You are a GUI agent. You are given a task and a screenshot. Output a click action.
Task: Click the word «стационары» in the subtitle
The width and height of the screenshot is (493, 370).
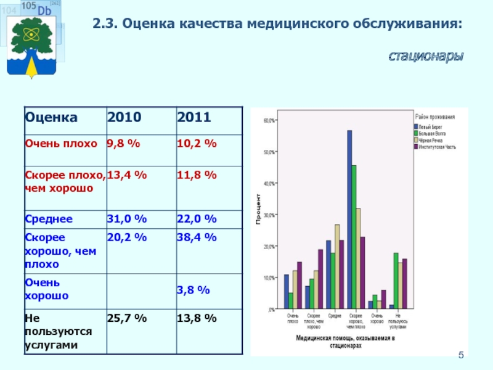click(x=426, y=57)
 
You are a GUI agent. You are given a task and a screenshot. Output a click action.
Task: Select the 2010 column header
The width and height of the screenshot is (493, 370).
click(x=124, y=117)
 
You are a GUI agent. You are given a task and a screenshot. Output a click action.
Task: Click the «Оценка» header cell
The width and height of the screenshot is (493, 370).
click(x=51, y=117)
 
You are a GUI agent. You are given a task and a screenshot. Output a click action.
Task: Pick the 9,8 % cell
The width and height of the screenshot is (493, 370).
click(x=123, y=144)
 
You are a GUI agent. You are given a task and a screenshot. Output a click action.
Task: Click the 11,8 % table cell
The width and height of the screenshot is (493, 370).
click(x=197, y=175)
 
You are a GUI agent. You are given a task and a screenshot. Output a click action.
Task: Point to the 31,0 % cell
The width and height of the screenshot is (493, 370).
click(x=127, y=219)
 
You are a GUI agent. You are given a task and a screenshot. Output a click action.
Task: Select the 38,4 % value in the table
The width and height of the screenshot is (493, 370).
click(x=197, y=237)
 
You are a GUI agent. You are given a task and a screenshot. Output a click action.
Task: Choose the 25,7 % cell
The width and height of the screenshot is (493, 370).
click(x=127, y=318)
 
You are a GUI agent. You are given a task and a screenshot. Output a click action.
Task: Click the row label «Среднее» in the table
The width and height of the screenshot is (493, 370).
click(x=49, y=219)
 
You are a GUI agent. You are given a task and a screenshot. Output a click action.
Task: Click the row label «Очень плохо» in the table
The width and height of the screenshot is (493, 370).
click(x=61, y=144)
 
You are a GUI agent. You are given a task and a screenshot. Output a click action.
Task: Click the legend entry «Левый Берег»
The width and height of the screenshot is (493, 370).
click(x=432, y=126)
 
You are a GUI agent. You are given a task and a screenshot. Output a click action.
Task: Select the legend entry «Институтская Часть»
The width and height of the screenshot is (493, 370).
click(x=438, y=147)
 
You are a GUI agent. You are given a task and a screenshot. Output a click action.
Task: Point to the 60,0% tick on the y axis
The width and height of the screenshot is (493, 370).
click(x=270, y=121)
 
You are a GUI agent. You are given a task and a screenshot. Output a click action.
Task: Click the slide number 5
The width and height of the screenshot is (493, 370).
click(x=460, y=356)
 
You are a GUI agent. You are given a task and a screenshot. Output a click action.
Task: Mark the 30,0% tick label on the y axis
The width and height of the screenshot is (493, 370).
click(x=270, y=215)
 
